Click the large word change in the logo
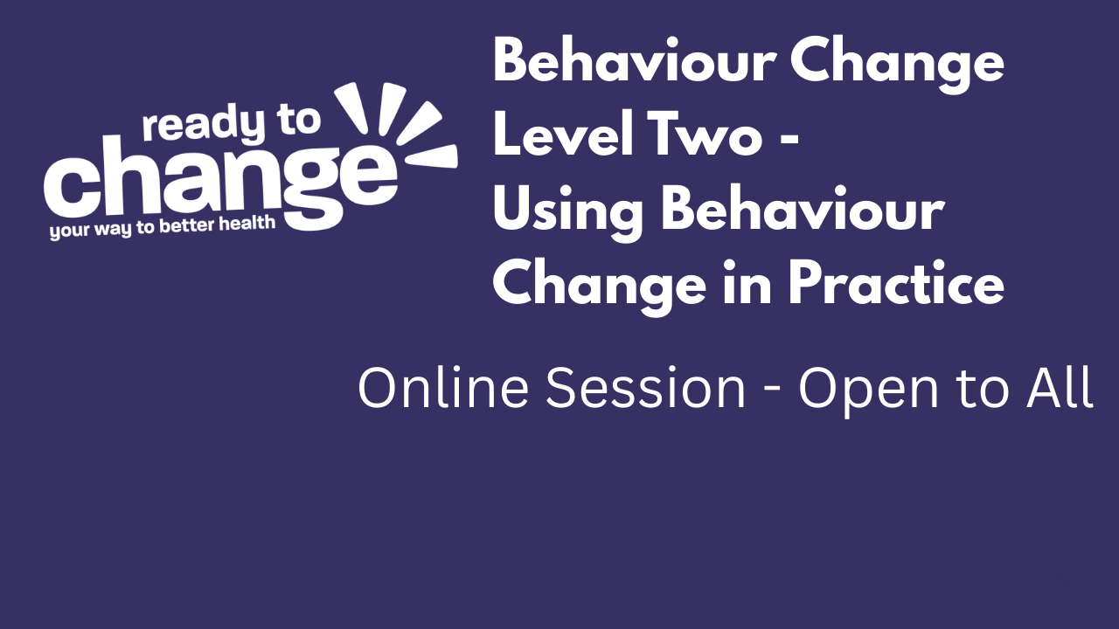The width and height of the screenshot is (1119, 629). click(219, 179)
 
